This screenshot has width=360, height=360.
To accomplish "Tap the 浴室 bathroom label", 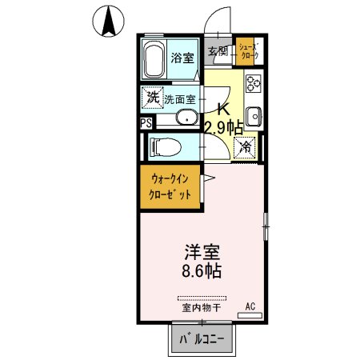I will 183,58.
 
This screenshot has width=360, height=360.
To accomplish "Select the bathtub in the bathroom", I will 154,58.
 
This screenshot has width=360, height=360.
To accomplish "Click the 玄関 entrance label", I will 218,50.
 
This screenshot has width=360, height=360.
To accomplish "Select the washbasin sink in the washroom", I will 189,119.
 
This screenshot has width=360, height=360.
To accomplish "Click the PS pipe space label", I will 145,123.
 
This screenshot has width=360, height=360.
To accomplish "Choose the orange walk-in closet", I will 170,188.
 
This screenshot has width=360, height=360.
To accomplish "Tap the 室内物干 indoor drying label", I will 201,307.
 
